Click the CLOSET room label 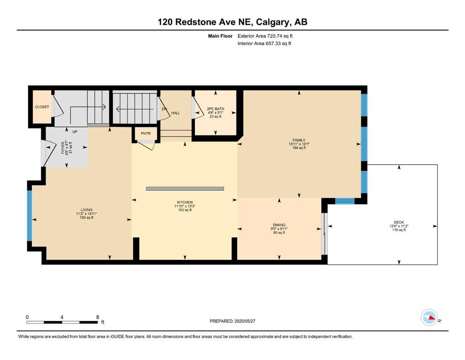(42, 107)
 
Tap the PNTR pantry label (146, 134)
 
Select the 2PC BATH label (215, 109)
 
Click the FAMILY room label (299, 140)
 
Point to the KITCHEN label (185, 202)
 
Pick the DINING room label (279, 225)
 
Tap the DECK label (399, 222)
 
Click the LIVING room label (87, 210)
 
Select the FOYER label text (63, 148)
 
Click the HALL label (176, 113)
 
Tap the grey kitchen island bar (185, 188)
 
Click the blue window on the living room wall (30, 216)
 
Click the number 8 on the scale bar (97, 317)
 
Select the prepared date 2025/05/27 (244, 321)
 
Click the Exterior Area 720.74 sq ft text (265, 36)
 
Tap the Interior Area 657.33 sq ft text (264, 44)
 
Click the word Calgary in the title (273, 22)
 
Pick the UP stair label (75, 131)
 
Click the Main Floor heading (220, 36)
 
